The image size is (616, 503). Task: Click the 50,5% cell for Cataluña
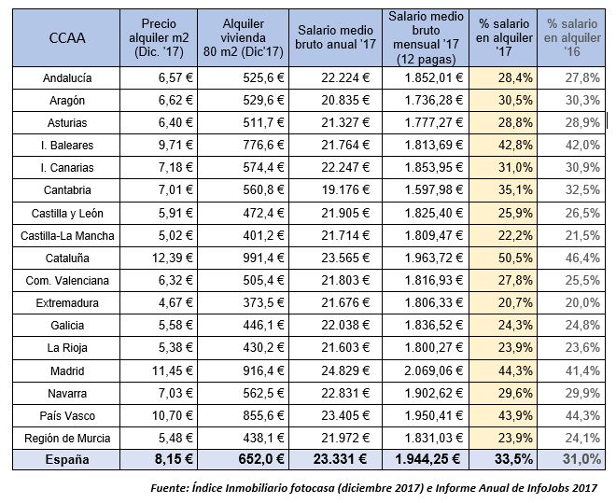[x=505, y=258]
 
